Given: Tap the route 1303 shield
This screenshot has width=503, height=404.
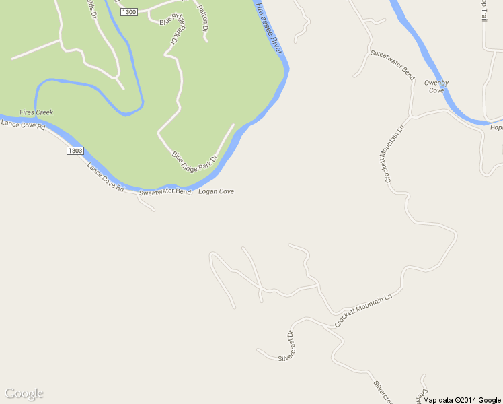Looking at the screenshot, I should pos(75,151).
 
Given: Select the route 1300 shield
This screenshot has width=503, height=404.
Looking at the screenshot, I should pos(128,13).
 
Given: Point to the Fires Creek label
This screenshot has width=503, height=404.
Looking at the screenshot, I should pos(36,112).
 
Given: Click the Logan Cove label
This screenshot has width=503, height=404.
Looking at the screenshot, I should pos(217,192).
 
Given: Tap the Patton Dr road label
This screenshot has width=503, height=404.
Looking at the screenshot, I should pos(202,18).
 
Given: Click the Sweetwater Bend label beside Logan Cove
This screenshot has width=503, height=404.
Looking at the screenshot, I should pos(165,193).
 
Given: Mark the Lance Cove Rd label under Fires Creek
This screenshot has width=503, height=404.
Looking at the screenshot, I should pos(22,125).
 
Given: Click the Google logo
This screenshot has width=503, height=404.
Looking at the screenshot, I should pos(24,393).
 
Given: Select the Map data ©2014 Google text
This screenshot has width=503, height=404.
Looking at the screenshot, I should pos(462,400).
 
